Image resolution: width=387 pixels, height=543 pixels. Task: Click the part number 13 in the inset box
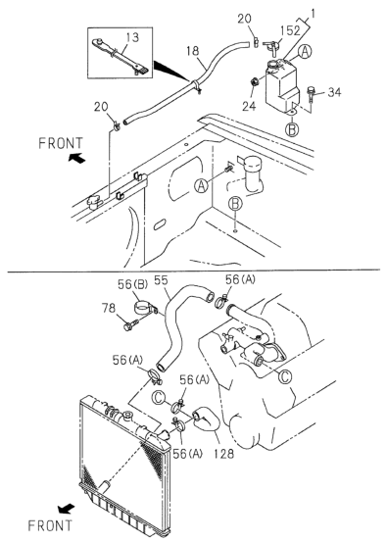(x=132, y=37)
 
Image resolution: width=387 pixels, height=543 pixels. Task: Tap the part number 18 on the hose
(x=193, y=51)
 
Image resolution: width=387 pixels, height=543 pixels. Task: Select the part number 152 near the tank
(x=290, y=30)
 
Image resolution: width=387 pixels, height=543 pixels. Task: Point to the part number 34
(x=334, y=92)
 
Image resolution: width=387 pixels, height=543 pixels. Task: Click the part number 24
(x=249, y=106)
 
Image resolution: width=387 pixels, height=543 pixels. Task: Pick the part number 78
(x=109, y=308)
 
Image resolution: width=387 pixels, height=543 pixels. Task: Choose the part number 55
(x=161, y=280)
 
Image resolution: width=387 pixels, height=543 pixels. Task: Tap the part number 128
(x=224, y=453)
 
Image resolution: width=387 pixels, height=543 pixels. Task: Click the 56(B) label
(x=132, y=284)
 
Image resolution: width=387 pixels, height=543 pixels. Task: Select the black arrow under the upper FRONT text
(x=76, y=158)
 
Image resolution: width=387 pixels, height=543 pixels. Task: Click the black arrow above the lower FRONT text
(x=66, y=509)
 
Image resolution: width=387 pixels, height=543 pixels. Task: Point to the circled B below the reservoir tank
(x=292, y=129)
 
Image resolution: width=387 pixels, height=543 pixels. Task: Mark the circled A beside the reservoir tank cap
(x=305, y=52)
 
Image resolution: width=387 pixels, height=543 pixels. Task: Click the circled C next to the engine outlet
(x=285, y=376)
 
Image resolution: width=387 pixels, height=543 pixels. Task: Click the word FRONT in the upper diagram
(x=61, y=143)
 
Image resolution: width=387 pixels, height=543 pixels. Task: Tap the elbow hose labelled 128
(x=206, y=420)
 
